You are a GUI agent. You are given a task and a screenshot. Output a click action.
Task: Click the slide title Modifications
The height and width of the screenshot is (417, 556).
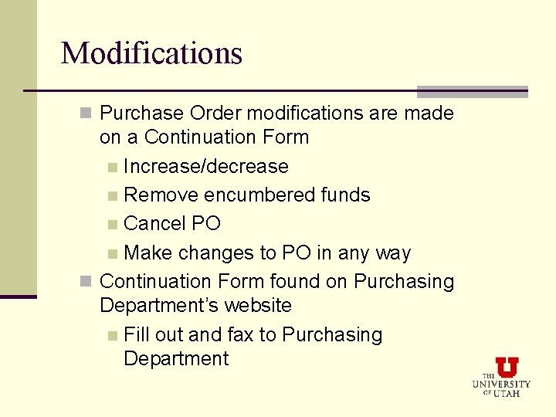(x=151, y=53)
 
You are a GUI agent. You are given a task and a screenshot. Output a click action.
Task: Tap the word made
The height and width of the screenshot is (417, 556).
(x=429, y=114)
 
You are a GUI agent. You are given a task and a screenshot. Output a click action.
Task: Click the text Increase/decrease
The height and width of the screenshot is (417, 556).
(x=205, y=167)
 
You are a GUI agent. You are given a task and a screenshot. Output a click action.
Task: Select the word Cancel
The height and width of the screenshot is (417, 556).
(x=154, y=224)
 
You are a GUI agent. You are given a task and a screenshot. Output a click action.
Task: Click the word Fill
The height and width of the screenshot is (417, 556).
(x=137, y=335)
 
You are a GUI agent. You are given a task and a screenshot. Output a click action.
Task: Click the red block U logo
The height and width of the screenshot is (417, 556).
(x=507, y=367)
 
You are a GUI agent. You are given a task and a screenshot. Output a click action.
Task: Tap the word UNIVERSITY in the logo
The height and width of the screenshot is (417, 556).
(x=501, y=384)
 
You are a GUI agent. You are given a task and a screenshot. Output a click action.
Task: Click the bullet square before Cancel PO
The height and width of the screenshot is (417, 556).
(x=114, y=225)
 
